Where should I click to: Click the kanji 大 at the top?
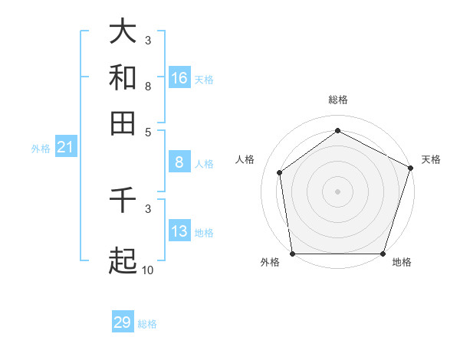[123, 31]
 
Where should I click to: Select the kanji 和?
[123, 77]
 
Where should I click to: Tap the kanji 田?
[123, 123]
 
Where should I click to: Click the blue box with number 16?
[179, 78]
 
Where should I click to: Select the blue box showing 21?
[65, 148]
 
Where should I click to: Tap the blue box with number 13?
[179, 232]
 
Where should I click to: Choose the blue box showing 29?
[123, 322]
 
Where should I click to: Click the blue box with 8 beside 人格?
[179, 162]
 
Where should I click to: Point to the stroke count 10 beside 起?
[148, 270]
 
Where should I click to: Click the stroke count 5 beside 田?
[148, 132]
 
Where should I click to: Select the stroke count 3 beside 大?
[148, 40]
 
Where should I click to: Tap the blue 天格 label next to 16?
[203, 79]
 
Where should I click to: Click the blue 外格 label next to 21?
[41, 149]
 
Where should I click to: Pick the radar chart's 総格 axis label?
[338, 100]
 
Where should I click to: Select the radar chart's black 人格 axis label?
[245, 159]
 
